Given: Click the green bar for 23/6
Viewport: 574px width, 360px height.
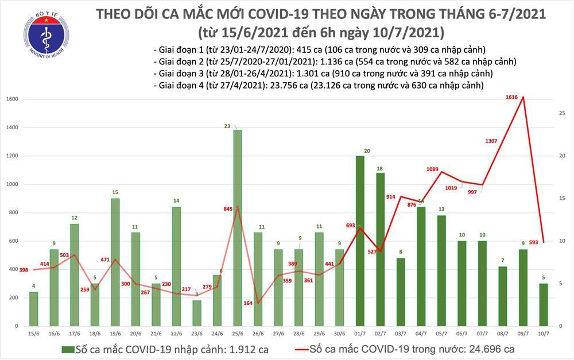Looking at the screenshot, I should (x=196, y=313).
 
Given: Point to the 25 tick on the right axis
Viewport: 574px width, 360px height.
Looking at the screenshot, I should (x=561, y=113).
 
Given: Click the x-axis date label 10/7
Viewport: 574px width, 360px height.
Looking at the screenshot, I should (x=543, y=333).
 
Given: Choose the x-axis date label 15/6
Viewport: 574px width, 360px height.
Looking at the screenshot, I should (x=34, y=333).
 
